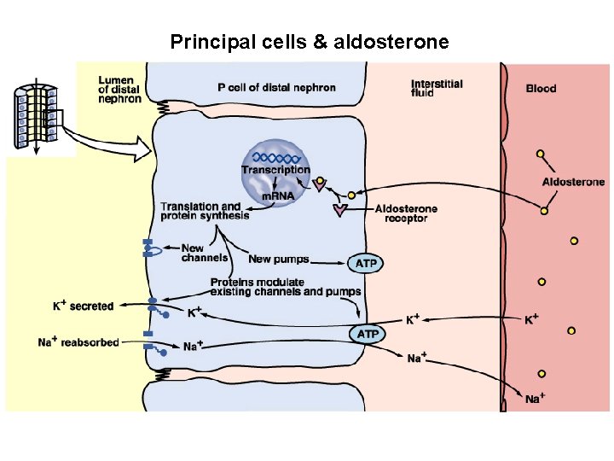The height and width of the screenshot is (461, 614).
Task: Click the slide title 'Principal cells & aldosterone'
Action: [x=309, y=41]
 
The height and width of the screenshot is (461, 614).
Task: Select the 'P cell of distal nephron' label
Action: [x=276, y=87]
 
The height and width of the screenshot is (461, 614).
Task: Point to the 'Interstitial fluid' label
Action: [x=437, y=88]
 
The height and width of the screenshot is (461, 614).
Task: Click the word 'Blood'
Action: [x=542, y=88]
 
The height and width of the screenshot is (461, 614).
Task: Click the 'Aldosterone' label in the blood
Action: [x=573, y=182]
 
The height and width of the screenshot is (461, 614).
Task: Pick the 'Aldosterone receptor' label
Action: [x=406, y=213]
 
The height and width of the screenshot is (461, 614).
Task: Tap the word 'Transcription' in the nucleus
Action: [x=275, y=170]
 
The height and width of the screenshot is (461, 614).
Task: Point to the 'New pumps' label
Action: [x=279, y=259]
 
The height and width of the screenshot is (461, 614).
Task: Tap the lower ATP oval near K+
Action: [x=367, y=333]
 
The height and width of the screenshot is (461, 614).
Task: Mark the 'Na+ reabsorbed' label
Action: [x=78, y=342]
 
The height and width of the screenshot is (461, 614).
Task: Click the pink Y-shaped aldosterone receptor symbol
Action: [x=341, y=209]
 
